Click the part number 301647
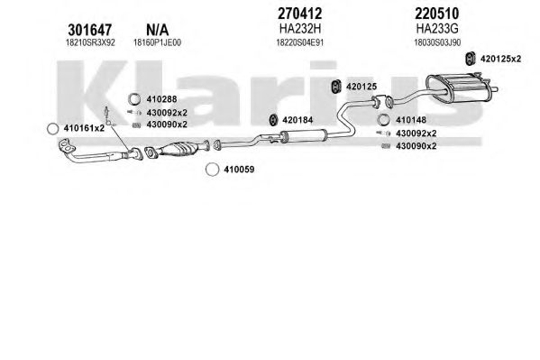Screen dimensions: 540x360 click(89, 30)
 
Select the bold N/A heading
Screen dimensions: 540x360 click(158, 30)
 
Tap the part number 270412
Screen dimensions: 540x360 click(299, 14)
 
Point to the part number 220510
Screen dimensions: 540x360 click(436, 14)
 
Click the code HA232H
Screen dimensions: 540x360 click(300, 29)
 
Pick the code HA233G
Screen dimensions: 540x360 click(437, 29)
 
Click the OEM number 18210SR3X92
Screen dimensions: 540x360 click(90, 42)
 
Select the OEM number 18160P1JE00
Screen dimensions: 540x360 click(157, 42)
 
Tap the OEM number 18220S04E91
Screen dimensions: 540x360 click(300, 42)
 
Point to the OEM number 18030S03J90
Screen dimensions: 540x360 click(437, 42)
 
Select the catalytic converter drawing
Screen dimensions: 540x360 click(179, 150)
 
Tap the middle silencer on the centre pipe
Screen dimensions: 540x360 click(303, 135)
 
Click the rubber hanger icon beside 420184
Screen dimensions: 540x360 click(273, 120)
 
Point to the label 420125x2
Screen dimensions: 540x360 click(500, 59)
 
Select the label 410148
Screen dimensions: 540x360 click(411, 120)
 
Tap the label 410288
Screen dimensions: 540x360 click(161, 99)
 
